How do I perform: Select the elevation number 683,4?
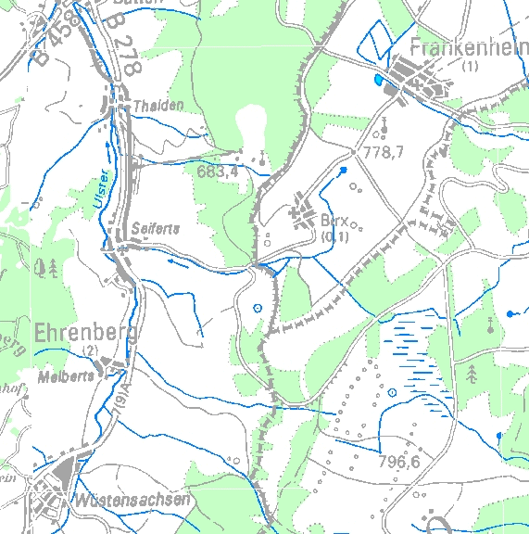(x=218, y=171)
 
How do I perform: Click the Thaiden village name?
(x=158, y=106)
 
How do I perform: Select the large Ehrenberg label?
(x=84, y=333)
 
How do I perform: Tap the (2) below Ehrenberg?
(x=90, y=349)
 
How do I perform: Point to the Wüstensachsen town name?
(x=133, y=499)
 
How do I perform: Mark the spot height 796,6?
(x=399, y=460)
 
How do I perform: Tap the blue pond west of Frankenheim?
(x=377, y=81)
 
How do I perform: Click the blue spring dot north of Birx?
(x=344, y=171)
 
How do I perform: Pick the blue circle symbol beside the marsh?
(x=393, y=392)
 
